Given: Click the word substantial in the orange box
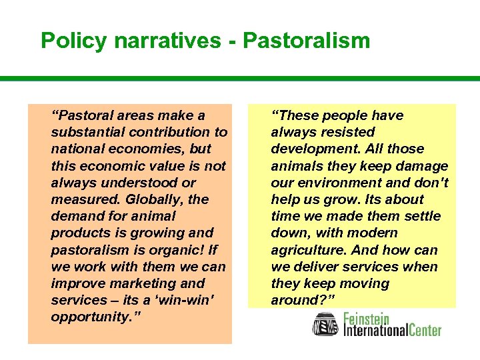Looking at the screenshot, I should pos(88,132).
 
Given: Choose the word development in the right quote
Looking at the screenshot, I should pos(310,149).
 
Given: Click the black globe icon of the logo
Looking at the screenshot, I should pos(326,325).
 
